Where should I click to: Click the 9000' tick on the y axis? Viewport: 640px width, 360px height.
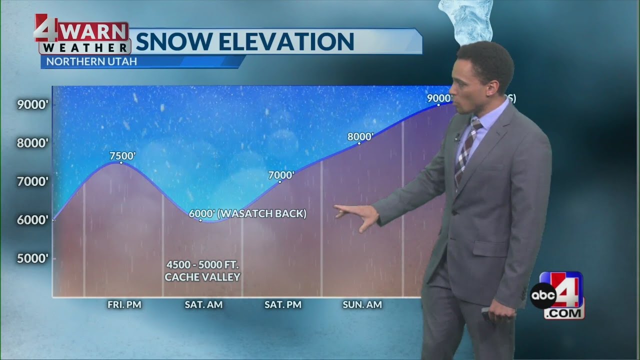point(33,105)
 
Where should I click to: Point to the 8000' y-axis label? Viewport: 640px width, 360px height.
point(33,143)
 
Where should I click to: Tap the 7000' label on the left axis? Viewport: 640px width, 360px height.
point(33,181)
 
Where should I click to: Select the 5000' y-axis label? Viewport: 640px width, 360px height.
point(33,258)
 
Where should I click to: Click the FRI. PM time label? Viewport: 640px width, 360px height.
point(124,304)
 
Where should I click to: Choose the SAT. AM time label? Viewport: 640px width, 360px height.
point(203,304)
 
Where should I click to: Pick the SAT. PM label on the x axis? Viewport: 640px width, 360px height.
point(283,304)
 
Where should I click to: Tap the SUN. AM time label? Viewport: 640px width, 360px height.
point(362,304)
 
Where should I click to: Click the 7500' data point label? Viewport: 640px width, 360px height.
point(122,156)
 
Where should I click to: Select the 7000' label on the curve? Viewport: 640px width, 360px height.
point(281,175)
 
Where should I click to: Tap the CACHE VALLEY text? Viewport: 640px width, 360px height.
point(202,277)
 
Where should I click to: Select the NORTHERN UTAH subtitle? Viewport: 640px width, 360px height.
point(91,62)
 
